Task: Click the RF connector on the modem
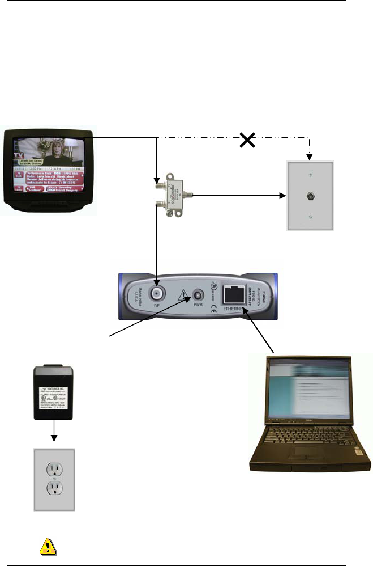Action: pyautogui.click(x=157, y=293)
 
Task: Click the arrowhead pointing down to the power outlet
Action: pyautogui.click(x=54, y=438)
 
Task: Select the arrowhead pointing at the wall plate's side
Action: pyautogui.click(x=281, y=196)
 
